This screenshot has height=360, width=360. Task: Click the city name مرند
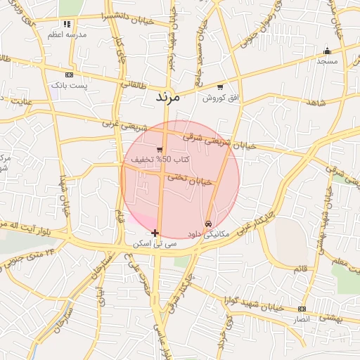click(x=167, y=96)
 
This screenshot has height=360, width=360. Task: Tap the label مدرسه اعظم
click(x=67, y=34)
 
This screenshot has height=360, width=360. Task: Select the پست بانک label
click(x=68, y=85)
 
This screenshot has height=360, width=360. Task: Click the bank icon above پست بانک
click(x=69, y=75)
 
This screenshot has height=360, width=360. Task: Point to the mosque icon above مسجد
click(x=327, y=51)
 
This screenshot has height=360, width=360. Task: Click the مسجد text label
click(x=327, y=61)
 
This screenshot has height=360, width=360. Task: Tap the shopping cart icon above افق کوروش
click(x=220, y=87)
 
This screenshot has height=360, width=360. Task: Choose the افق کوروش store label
click(x=217, y=98)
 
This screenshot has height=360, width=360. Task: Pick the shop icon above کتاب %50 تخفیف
click(x=160, y=150)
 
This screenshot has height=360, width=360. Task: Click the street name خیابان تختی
click(x=189, y=180)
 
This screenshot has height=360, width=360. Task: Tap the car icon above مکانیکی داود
click(x=207, y=224)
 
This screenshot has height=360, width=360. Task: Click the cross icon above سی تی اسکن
click(x=155, y=233)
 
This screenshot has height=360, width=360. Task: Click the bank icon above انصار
click(x=302, y=309)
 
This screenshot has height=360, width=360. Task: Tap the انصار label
click(x=301, y=319)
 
